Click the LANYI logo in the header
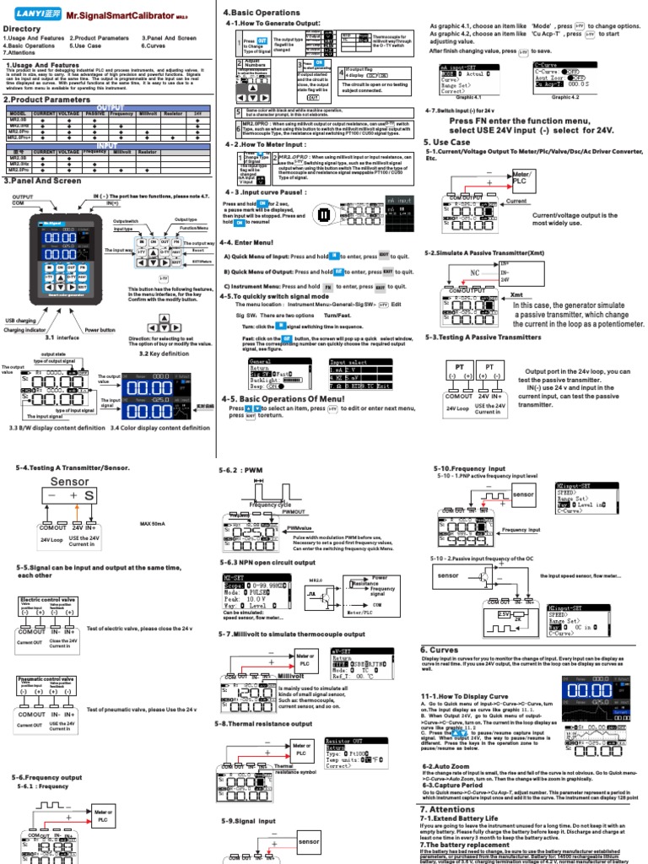pos(39,13)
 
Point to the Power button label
pos(101,330)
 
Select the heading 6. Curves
pos(440,649)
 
